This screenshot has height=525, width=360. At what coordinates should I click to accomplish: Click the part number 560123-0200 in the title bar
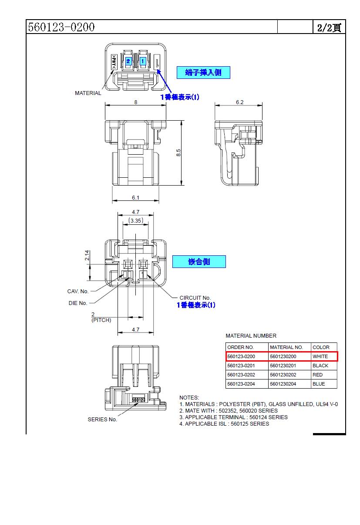click(x=61, y=27)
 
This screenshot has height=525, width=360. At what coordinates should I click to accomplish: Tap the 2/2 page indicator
click(x=329, y=27)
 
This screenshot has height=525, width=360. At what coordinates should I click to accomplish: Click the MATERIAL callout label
click(x=88, y=93)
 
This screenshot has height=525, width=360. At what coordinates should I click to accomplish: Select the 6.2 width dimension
click(x=240, y=102)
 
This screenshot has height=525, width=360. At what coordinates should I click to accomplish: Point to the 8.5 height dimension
click(x=178, y=153)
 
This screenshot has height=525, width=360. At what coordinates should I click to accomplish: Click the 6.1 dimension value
click(x=136, y=198)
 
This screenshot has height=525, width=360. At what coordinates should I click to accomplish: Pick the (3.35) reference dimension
click(x=135, y=221)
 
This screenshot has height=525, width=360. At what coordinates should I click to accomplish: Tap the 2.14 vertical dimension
click(x=87, y=255)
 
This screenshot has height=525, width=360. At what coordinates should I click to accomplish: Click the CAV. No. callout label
click(x=78, y=291)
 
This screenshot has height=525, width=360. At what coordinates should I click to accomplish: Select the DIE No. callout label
click(x=78, y=303)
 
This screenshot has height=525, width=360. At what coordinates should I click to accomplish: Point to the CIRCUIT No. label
click(x=195, y=298)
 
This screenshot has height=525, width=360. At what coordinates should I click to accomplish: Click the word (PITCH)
click(x=101, y=320)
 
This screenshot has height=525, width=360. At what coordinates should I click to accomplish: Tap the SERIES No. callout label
click(x=102, y=420)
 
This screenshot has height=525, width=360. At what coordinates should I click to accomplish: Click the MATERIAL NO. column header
click(x=286, y=347)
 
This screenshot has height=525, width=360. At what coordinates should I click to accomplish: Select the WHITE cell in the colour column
click(x=320, y=356)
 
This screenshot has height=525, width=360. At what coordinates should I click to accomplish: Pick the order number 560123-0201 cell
click(x=241, y=366)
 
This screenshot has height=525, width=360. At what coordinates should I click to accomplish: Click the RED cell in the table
click(x=318, y=375)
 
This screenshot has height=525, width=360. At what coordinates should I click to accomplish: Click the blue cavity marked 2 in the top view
click(x=128, y=61)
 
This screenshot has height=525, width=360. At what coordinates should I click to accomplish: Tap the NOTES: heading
click(x=189, y=397)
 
